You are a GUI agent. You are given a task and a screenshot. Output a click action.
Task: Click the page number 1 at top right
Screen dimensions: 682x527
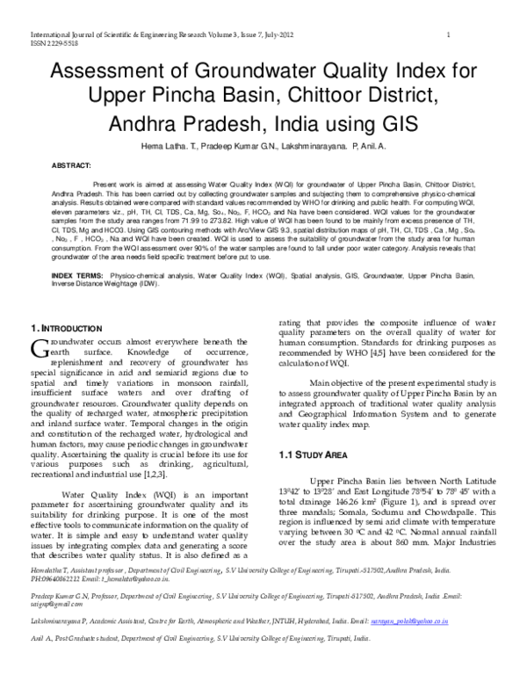(x=448, y=34)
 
